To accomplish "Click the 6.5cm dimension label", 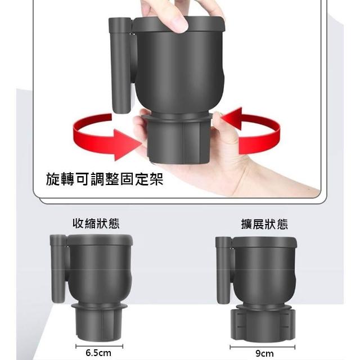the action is click(x=98, y=353).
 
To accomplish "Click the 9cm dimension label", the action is click(x=264, y=354).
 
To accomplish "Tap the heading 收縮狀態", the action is click(x=96, y=223).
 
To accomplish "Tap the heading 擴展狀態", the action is click(x=264, y=224).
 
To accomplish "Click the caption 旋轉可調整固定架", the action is click(x=105, y=179).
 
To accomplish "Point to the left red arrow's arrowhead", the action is click(x=128, y=145).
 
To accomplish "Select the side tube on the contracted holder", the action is click(x=58, y=269).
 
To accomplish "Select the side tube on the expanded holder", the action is click(x=224, y=271).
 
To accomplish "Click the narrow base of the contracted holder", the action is click(x=99, y=325).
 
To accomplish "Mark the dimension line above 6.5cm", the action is click(x=99, y=346).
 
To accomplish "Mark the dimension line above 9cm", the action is click(x=263, y=347).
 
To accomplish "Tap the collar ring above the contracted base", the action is click(x=99, y=306).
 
